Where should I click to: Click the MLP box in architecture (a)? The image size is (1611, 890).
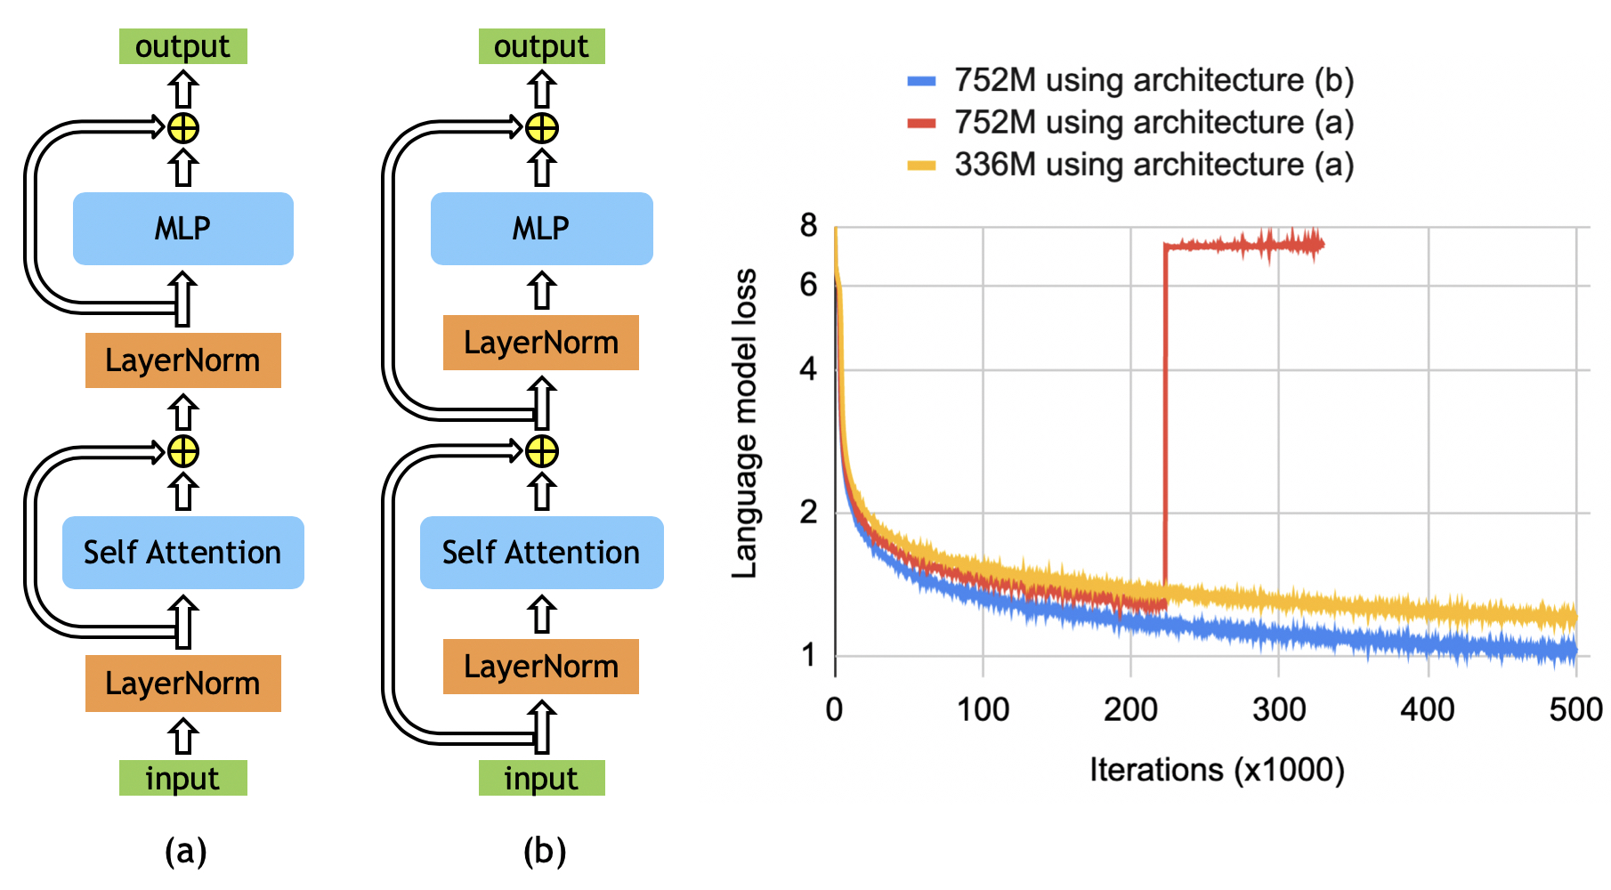pyautogui.click(x=182, y=229)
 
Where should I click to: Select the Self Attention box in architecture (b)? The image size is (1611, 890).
pyautogui.click(x=541, y=553)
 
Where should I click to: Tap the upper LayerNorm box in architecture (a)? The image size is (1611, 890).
pyautogui.click(x=182, y=360)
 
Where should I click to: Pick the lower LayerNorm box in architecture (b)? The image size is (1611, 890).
pyautogui.click(x=541, y=667)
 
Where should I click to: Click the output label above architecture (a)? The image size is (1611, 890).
pyautogui.click(x=182, y=46)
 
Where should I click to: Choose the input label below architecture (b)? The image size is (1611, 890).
pyautogui.click(x=541, y=779)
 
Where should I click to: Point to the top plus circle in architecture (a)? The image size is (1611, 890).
pyautogui.click(x=183, y=128)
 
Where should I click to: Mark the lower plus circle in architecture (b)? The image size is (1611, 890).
pyautogui.click(x=542, y=451)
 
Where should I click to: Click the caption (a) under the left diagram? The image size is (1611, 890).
pyautogui.click(x=185, y=852)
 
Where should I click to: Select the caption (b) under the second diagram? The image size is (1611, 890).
pyautogui.click(x=544, y=852)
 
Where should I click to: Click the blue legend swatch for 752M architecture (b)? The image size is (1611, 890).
pyautogui.click(x=921, y=81)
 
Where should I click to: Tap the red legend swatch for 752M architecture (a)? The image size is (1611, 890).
pyautogui.click(x=921, y=123)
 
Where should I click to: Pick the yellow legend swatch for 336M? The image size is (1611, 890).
pyautogui.click(x=921, y=166)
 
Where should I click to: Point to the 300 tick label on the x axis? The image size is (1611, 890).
pyautogui.click(x=1278, y=709)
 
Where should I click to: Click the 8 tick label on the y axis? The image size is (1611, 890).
pyautogui.click(x=808, y=226)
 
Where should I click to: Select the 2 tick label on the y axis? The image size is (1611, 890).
pyautogui.click(x=808, y=512)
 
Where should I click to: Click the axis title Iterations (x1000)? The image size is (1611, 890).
pyautogui.click(x=1216, y=770)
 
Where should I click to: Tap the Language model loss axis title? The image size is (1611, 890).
pyautogui.click(x=744, y=423)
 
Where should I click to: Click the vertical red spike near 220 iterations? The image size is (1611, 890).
pyautogui.click(x=1165, y=418)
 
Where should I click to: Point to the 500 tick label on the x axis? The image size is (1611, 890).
pyautogui.click(x=1575, y=709)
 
